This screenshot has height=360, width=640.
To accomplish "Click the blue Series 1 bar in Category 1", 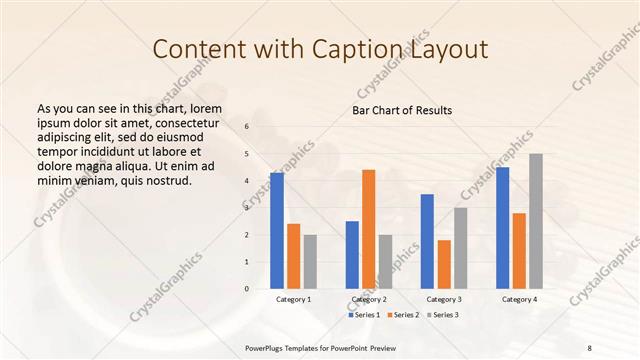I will (277, 231).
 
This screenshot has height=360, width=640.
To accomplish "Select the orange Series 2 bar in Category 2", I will (368, 229).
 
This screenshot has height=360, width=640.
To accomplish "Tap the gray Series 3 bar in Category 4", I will (536, 221).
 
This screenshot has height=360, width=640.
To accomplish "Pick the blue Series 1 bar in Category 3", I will (427, 241).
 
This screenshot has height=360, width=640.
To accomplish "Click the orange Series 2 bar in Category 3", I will (444, 264).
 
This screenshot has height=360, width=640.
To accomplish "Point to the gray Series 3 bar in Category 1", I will (310, 262).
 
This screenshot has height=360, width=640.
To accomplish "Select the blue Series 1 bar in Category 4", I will (502, 228).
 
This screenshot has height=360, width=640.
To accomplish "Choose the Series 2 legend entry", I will (405, 315).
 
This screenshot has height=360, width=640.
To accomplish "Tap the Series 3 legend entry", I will (445, 315).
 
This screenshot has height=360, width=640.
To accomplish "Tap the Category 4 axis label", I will (518, 299).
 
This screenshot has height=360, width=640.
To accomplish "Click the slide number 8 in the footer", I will (589, 347).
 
